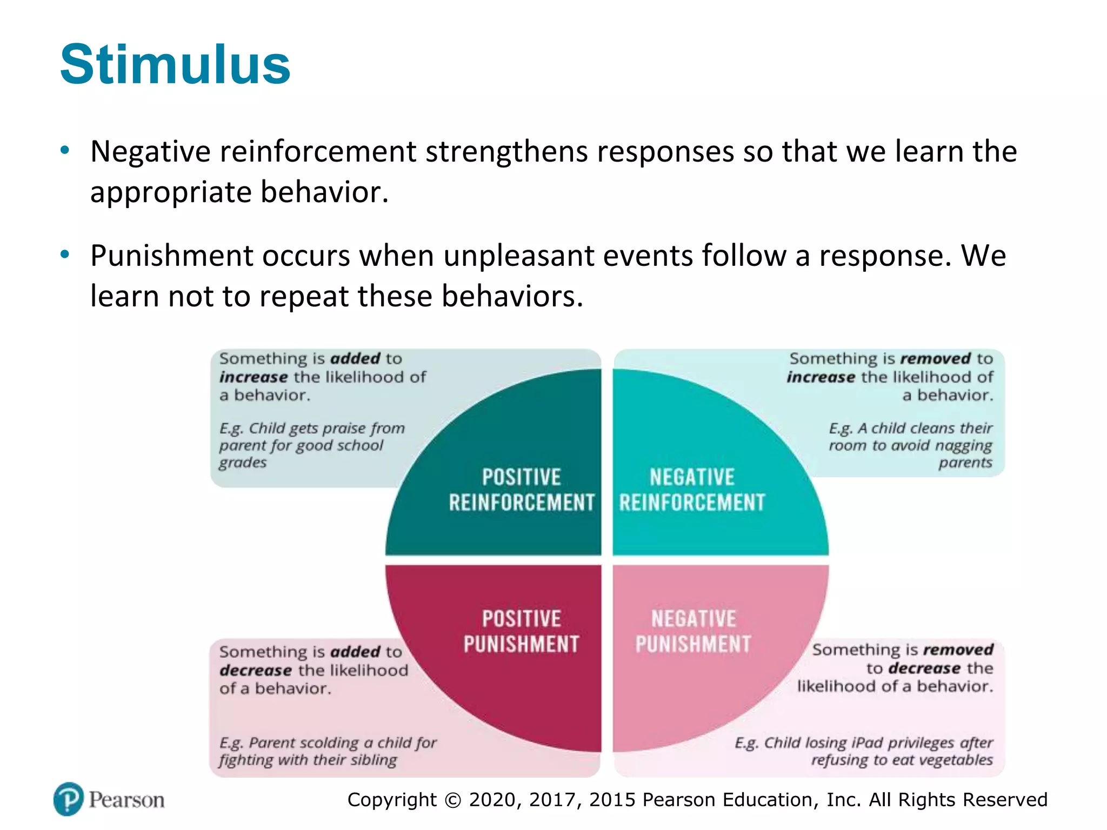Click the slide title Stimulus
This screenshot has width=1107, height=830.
click(175, 65)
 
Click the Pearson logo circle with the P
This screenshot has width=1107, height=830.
click(69, 799)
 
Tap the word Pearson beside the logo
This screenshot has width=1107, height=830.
click(126, 800)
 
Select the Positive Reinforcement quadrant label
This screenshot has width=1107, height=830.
click(521, 490)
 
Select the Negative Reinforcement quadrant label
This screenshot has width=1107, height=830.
click(692, 490)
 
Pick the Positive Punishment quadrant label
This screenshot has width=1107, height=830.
click(521, 631)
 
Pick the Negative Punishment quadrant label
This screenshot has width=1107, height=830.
click(693, 631)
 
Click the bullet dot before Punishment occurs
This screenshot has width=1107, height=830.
click(65, 255)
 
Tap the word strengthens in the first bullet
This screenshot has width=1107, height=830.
click(506, 151)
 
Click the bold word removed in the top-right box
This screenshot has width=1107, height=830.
click(935, 358)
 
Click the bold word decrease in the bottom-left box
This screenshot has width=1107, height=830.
click(256, 670)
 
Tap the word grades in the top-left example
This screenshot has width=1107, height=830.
click(243, 463)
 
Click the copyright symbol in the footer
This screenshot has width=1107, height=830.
click(453, 800)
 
